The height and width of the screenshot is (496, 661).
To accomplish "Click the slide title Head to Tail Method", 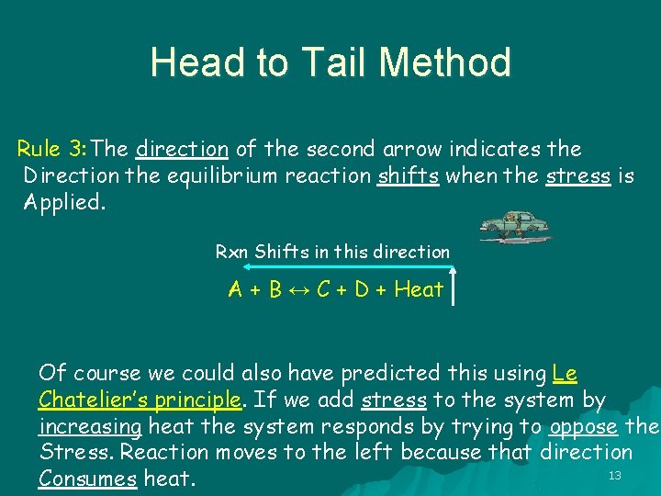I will [330, 62].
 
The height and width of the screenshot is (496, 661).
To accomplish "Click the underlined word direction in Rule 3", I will [182, 149].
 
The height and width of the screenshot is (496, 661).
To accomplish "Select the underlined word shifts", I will [408, 175].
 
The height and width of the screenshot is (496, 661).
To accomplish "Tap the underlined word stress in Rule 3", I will [577, 175].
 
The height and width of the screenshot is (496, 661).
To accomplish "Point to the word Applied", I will [65, 202].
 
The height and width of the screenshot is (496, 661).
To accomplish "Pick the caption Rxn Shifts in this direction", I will [332, 251].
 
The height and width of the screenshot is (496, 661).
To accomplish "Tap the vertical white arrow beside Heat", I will [454, 287].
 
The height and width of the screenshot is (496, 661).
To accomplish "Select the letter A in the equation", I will [236, 290].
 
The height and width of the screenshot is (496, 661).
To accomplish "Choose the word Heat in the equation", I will [419, 290].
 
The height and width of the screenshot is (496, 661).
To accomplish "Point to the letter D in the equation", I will [362, 290].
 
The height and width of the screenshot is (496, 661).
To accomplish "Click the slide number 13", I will [615, 475].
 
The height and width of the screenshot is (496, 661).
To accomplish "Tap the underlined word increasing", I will [90, 426].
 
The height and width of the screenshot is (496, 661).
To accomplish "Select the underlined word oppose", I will [583, 426].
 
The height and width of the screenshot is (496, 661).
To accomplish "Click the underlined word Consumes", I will [87, 479].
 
